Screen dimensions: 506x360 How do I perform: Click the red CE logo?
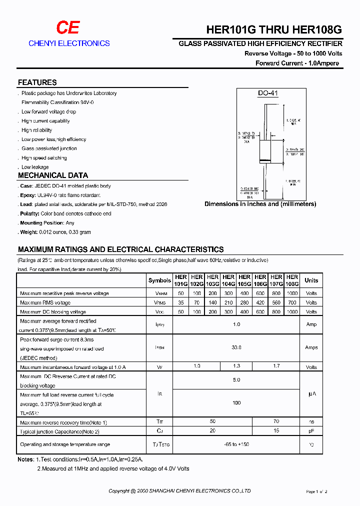click(67, 28)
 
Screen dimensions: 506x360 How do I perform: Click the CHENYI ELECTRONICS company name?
click(69, 43)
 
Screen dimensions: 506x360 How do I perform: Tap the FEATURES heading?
click(37, 82)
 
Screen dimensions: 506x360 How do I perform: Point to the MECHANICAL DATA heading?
click(53, 175)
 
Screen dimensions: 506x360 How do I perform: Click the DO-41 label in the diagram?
click(267, 93)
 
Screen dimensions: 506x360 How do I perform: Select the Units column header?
click(311, 280)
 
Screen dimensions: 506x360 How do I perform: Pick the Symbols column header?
click(159, 280)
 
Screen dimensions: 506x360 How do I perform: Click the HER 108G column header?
click(292, 280)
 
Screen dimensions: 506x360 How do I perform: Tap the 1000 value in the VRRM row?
click(292, 293)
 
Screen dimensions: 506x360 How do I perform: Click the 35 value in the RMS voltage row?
click(180, 302)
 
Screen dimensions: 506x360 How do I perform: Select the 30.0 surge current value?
click(236, 347)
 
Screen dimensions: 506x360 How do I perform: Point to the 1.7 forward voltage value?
click(276, 366)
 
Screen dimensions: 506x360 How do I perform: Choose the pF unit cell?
click(311, 430)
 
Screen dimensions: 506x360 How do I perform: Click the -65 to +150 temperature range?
click(236, 444)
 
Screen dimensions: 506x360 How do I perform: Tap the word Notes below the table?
click(25, 459)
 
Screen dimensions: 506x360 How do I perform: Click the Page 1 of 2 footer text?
click(316, 492)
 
